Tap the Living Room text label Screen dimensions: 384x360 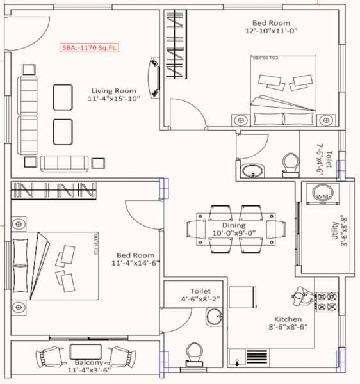click(x=113, y=90)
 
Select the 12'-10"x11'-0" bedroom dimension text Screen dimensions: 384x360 click(x=271, y=30)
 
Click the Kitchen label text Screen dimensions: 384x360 click(x=287, y=319)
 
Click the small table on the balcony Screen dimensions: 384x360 click(x=84, y=351)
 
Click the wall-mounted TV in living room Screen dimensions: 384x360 click(x=154, y=78)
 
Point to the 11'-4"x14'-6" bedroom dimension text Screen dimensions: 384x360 click(x=135, y=263)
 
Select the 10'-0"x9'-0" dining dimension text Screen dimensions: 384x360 click(x=234, y=234)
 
